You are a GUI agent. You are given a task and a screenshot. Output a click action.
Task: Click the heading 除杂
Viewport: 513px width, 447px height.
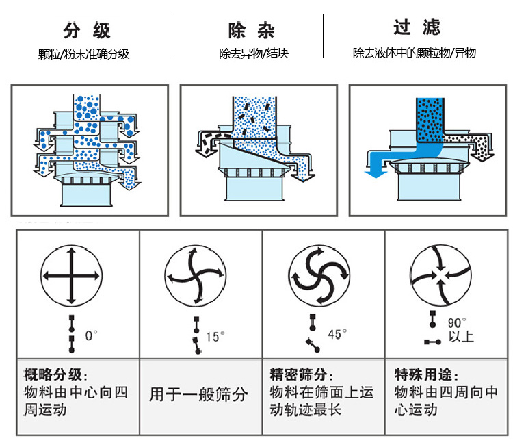[252, 31]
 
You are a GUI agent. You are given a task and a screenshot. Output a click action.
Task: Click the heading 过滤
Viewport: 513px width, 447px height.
[417, 27]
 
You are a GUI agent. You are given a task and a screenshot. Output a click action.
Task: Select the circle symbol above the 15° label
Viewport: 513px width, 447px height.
[195, 275]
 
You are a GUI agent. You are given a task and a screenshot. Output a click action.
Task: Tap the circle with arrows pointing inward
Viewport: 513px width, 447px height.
[443, 275]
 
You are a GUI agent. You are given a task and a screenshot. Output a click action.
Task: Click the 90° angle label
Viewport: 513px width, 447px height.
[457, 322]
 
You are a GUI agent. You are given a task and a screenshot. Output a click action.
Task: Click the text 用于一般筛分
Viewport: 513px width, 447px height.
[199, 394]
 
